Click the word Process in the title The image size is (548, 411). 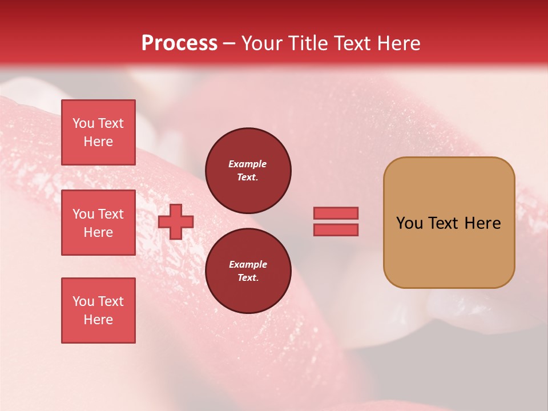(x=179, y=43)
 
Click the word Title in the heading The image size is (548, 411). (x=307, y=43)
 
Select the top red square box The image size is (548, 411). (x=98, y=132)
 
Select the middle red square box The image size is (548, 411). (x=98, y=223)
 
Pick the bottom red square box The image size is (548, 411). (x=98, y=311)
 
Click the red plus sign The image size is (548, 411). (x=176, y=221)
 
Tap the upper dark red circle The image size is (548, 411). (x=248, y=170)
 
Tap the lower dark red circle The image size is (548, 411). (x=248, y=271)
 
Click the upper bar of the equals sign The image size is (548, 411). (x=336, y=213)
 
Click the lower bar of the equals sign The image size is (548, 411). (x=336, y=229)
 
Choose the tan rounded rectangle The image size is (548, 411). (x=449, y=223)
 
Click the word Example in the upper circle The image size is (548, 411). (x=248, y=164)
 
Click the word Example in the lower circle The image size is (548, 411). (x=248, y=264)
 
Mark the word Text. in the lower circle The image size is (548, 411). (x=248, y=278)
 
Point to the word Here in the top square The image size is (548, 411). (x=98, y=142)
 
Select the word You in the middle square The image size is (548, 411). (x=83, y=214)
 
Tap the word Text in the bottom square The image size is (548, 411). (x=110, y=301)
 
